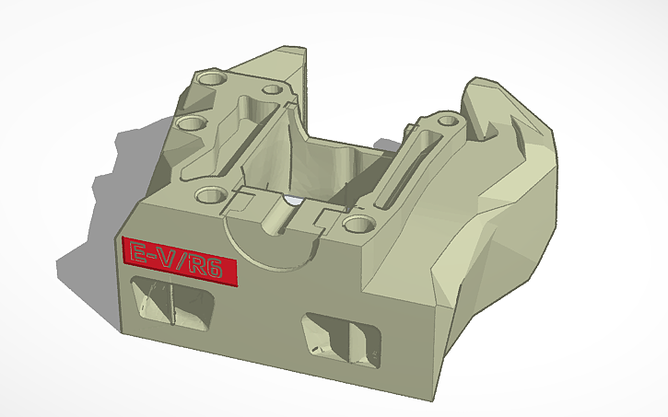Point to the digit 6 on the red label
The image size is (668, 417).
coord(222,270)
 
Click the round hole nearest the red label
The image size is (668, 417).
coord(210,195)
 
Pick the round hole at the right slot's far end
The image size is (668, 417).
coord(449,121)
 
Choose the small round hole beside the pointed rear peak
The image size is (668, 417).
coord(272,90)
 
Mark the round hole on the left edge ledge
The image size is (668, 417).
coord(192,122)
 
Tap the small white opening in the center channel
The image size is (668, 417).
coord(293,200)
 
